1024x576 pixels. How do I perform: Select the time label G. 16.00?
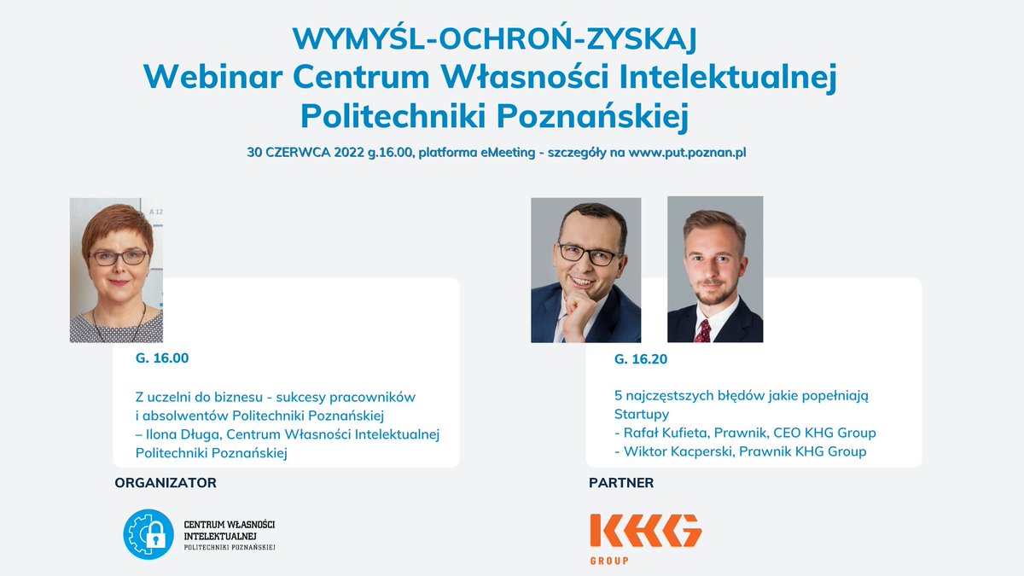pos(162,358)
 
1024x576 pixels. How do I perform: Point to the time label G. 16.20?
pos(641,359)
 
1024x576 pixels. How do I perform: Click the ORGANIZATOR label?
pos(166,483)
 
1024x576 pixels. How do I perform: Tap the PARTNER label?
pos(621,483)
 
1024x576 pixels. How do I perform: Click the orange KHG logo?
pos(645,531)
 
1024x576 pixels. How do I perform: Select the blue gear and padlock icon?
pos(148,534)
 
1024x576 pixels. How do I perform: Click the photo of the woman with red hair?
pos(116,271)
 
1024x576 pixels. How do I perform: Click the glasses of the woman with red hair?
pos(118,256)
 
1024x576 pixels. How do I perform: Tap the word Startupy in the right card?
pos(642,414)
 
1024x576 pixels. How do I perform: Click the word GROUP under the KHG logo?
pos(609,561)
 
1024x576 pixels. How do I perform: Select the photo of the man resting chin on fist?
pos(585,271)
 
